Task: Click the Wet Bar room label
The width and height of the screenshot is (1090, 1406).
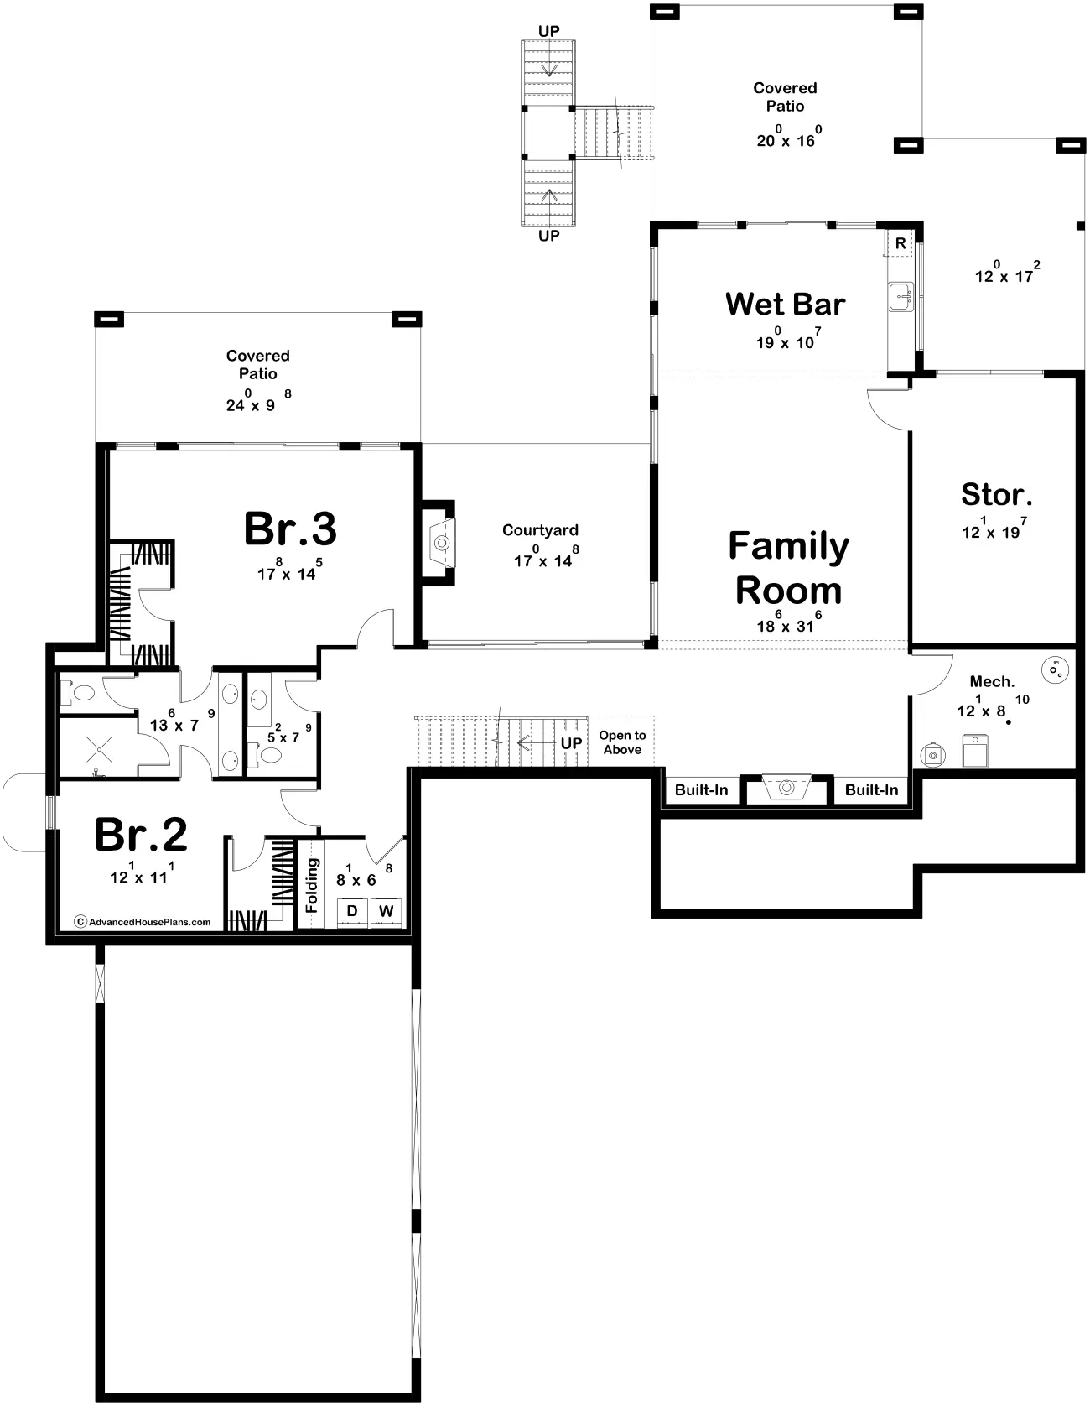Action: [x=785, y=304]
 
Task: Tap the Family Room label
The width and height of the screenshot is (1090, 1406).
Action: [x=788, y=568]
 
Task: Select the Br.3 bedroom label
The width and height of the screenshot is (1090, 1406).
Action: [x=290, y=529]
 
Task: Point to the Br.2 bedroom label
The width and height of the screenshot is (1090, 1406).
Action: [x=141, y=835]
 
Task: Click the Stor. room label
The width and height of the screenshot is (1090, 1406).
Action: [x=996, y=494]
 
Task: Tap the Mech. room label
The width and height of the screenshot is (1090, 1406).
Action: [x=992, y=682]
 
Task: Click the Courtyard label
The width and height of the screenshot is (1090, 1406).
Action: [x=540, y=530]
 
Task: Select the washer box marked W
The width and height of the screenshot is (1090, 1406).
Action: [x=386, y=911]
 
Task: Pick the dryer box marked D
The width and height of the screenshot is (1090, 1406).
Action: [x=352, y=911]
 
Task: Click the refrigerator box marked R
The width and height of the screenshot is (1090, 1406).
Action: [x=900, y=244]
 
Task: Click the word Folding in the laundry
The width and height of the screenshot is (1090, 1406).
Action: [x=312, y=885]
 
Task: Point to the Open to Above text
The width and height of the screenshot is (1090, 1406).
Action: [x=622, y=742]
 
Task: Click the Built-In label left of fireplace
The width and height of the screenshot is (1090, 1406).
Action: [x=702, y=790]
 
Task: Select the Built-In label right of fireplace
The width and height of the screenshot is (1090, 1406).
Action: [x=871, y=790]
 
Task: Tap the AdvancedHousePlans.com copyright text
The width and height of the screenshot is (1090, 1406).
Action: [x=143, y=921]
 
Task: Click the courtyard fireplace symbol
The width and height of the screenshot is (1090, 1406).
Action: [x=439, y=543]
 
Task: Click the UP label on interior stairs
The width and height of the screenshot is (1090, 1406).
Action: [x=571, y=743]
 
